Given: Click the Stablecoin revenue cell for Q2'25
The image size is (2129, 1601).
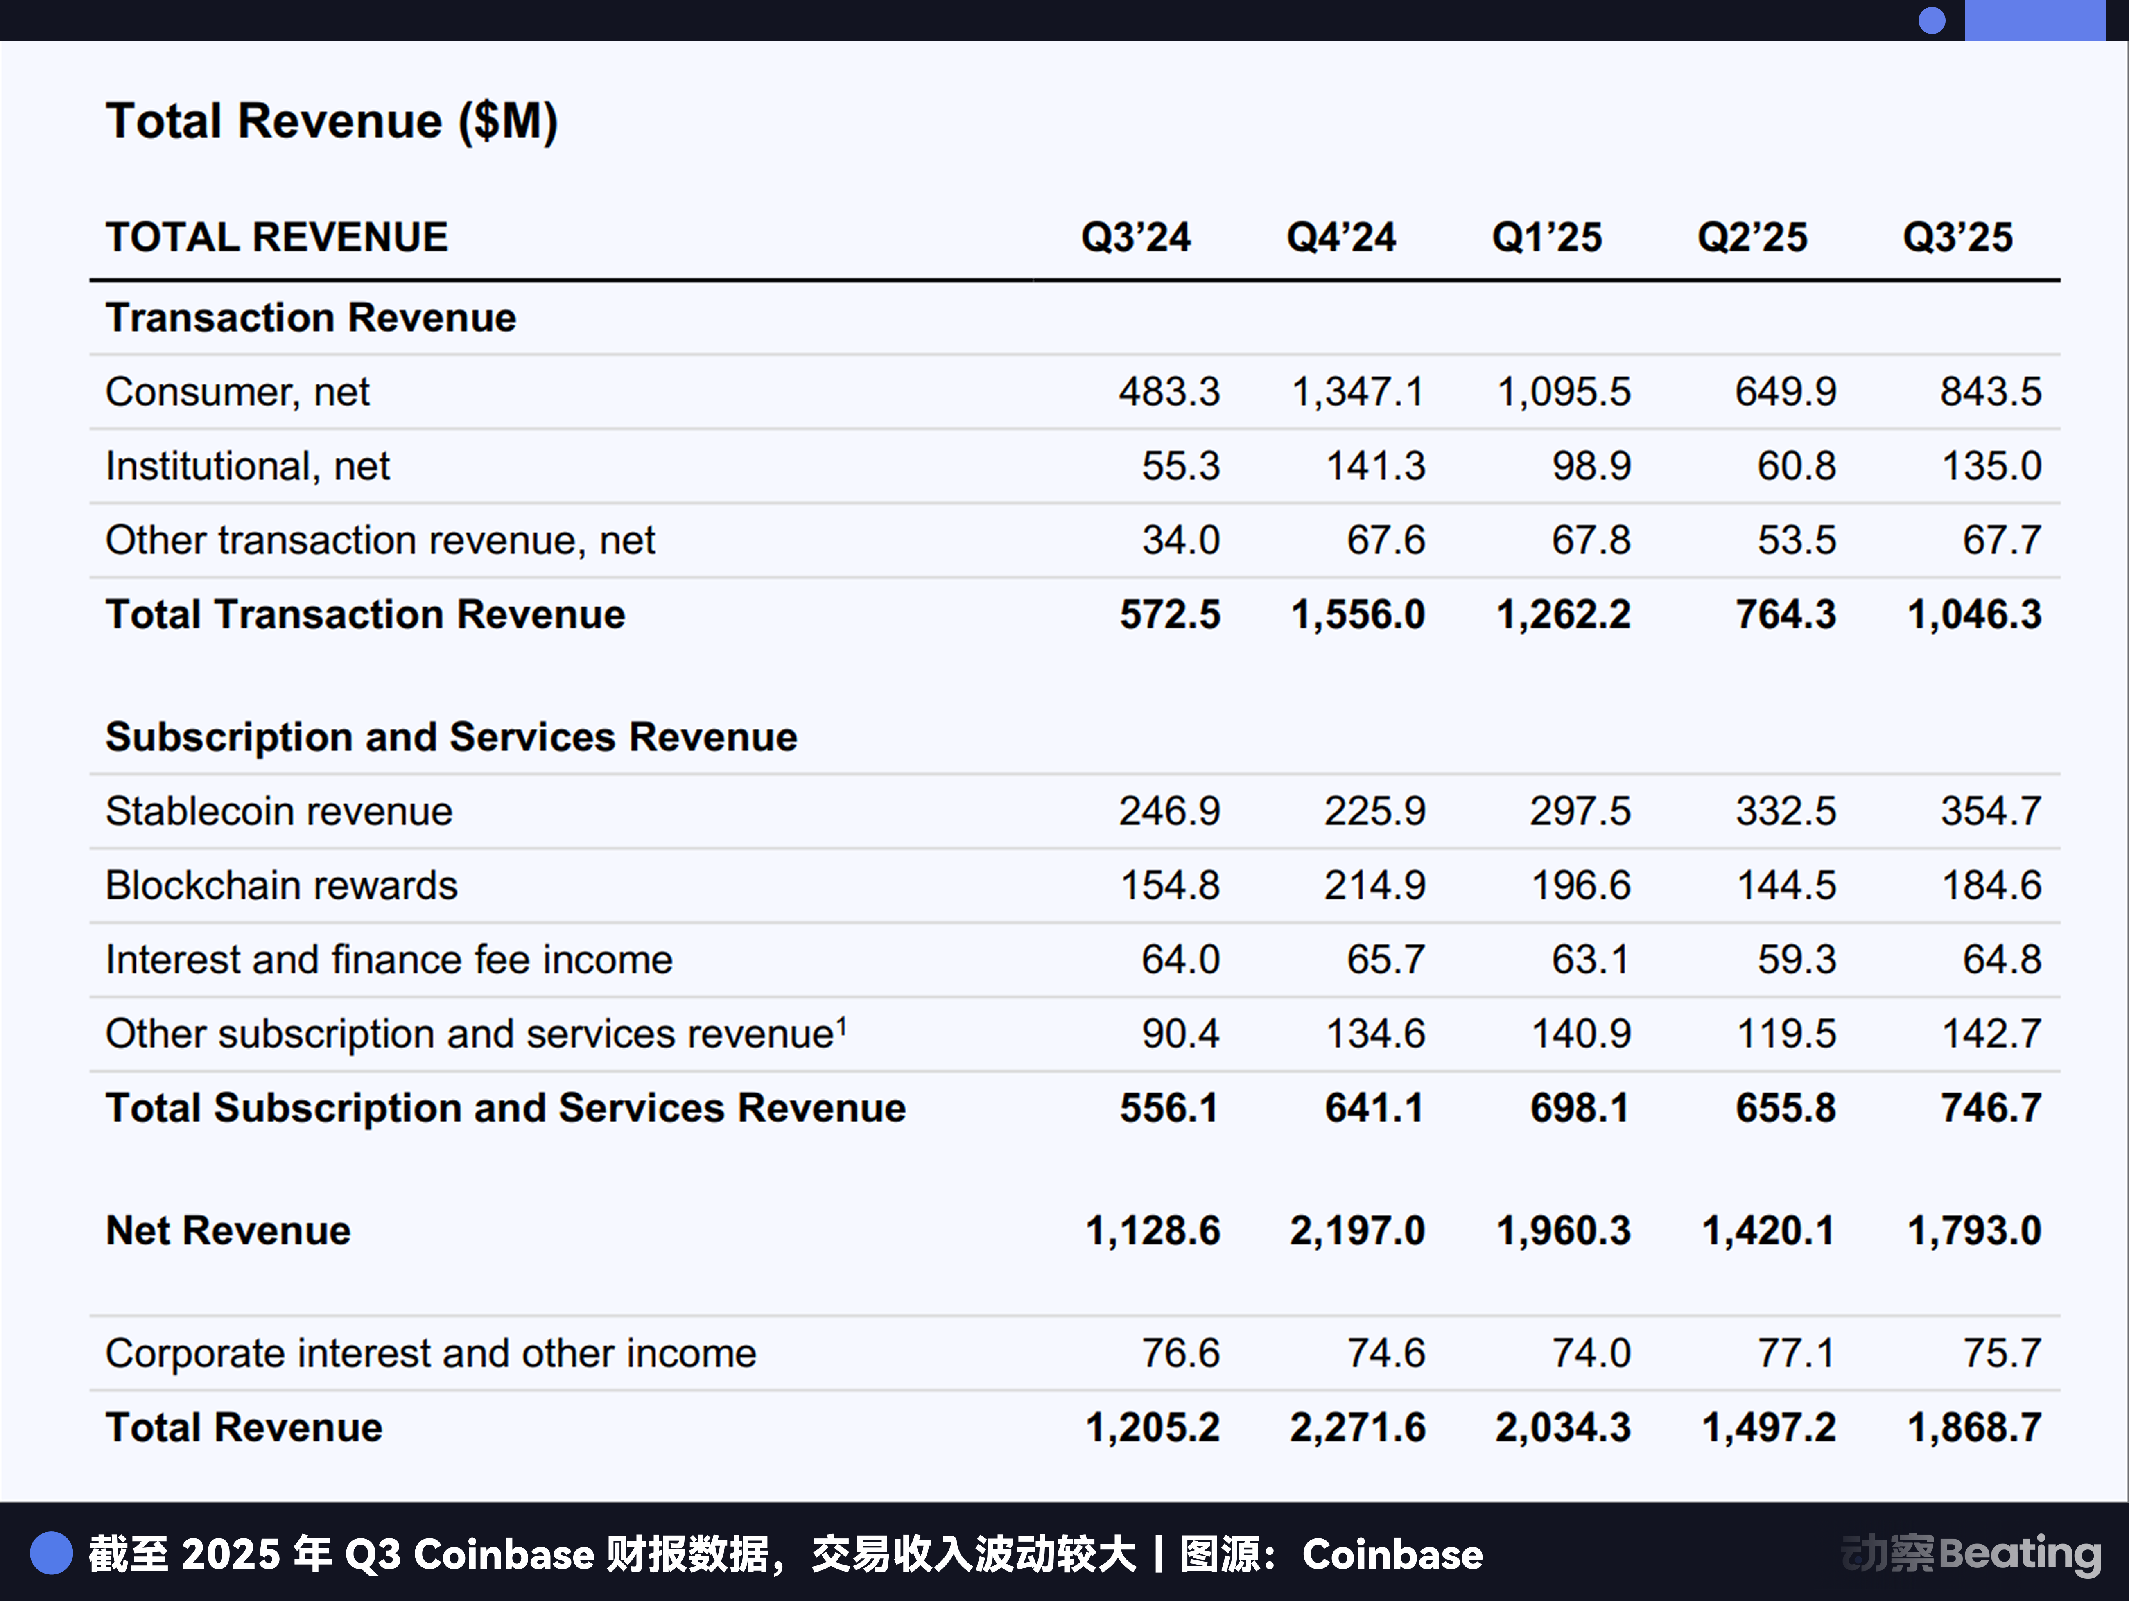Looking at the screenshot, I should tap(1785, 811).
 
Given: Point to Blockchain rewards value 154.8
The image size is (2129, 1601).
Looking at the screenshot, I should tap(1169, 885).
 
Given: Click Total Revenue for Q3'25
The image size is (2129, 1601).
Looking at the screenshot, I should tap(1974, 1427).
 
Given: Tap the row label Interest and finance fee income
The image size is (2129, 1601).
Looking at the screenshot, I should tap(389, 959).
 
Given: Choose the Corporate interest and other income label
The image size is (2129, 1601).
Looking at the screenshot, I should tap(430, 1353).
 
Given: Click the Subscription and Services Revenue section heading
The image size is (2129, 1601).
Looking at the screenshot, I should tap(452, 737).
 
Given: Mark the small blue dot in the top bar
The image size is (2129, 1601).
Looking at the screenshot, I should tap(1932, 20).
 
